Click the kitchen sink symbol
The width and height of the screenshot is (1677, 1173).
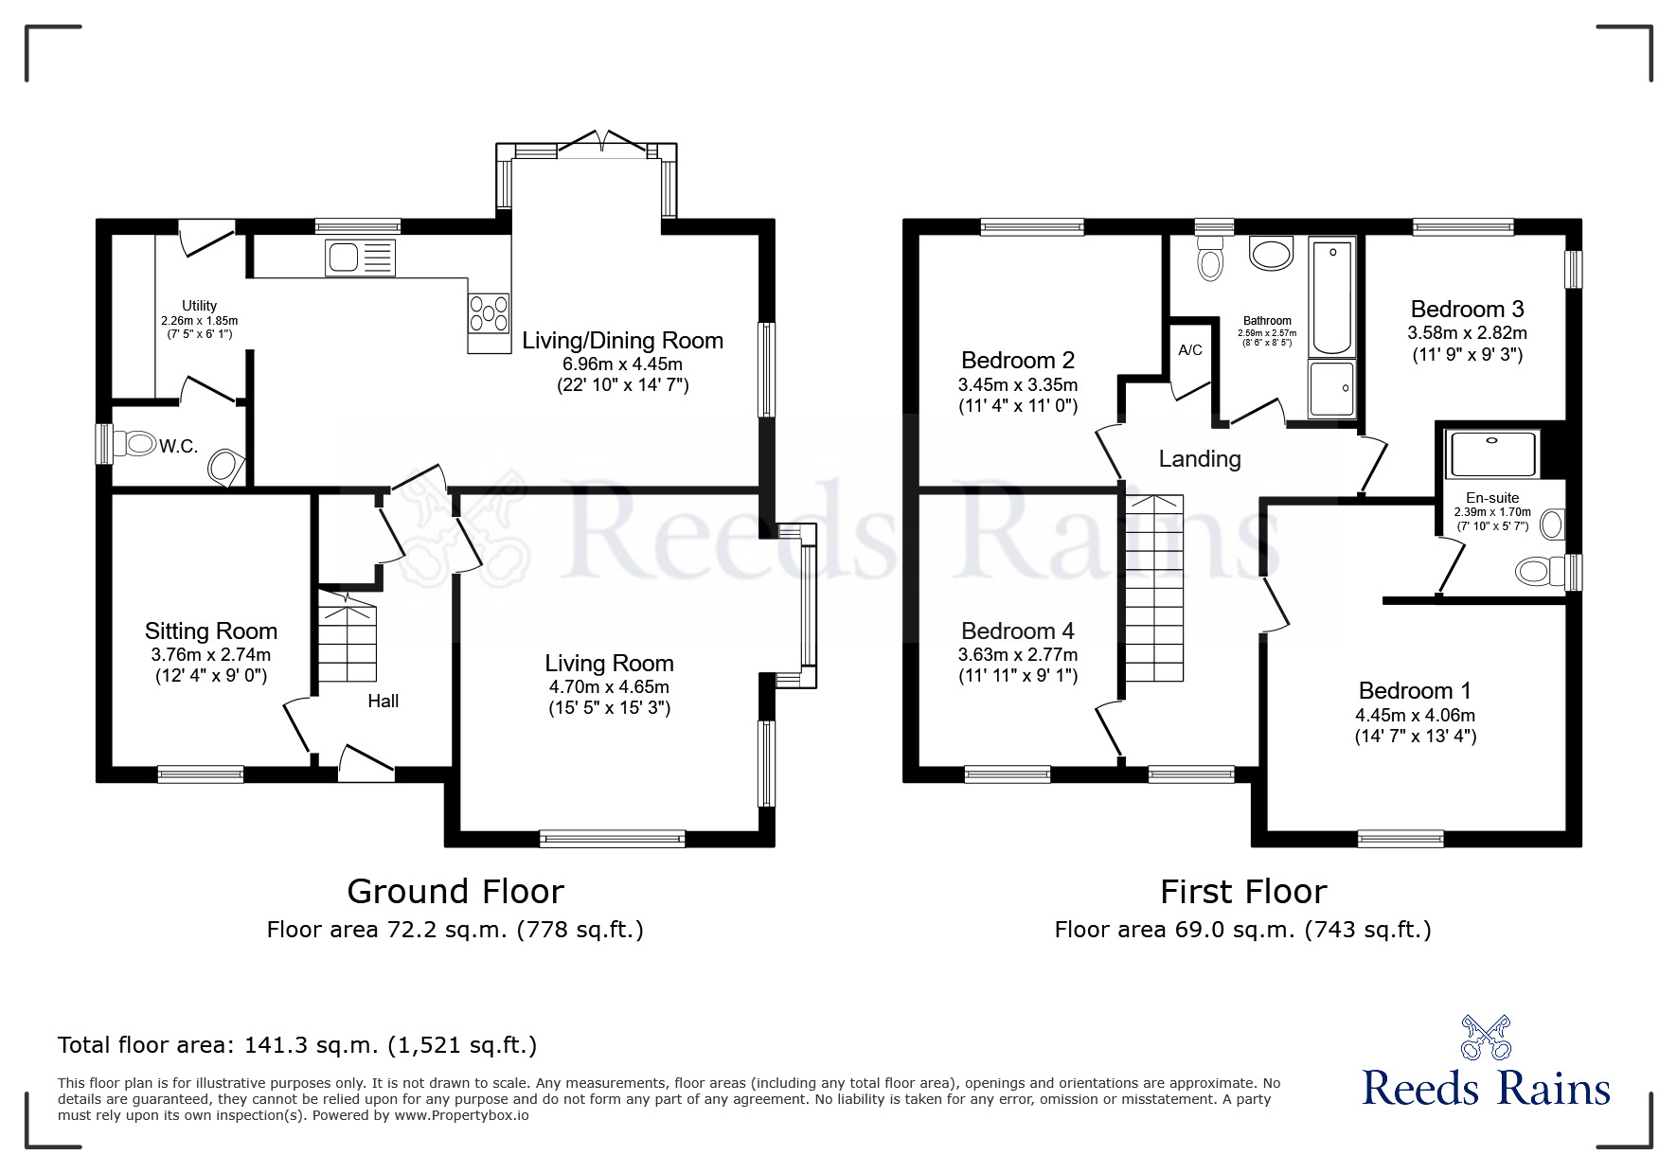pos(359,258)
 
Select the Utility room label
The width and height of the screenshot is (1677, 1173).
pos(199,306)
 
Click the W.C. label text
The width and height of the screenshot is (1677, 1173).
pos(178,447)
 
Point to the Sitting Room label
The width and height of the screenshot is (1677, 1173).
pos(210,631)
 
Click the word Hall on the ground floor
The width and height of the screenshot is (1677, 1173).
pos(383,702)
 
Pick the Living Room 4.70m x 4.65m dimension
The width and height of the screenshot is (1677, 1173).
pos(609,687)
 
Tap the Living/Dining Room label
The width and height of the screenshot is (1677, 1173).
pos(622,341)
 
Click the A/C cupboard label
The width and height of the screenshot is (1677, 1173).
pos(1190,350)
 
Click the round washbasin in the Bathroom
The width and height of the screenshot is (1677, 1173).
pos(1271,254)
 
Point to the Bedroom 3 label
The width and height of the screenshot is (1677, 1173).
pos(1466,310)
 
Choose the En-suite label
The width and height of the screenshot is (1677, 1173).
pos(1492,498)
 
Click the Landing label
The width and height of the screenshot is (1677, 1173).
pos(1200,459)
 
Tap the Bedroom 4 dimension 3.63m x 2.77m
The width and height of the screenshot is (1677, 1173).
pos(1018,655)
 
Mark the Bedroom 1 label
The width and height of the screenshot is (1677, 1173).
pos(1415,691)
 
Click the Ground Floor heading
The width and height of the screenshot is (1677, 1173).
pos(455,892)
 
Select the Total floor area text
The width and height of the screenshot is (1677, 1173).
pos(297,1045)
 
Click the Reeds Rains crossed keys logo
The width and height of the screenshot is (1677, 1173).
pos(1486,1038)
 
